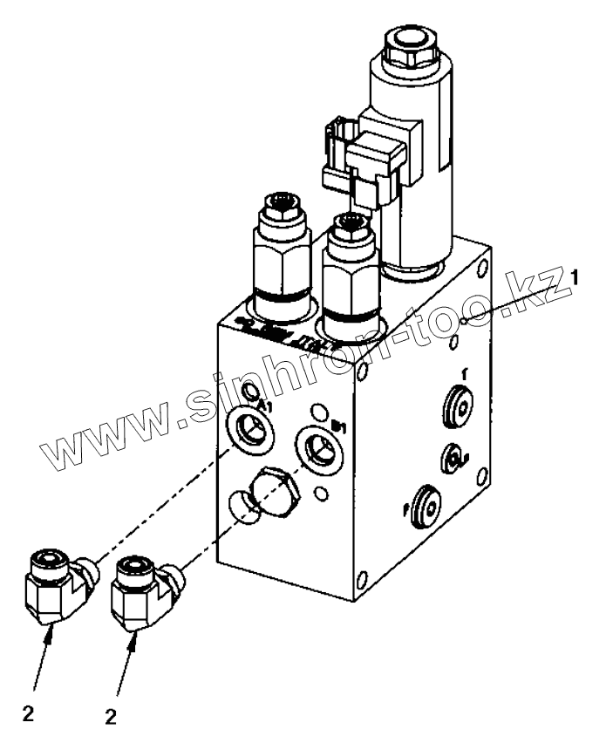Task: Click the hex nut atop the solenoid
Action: click(409, 50)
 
